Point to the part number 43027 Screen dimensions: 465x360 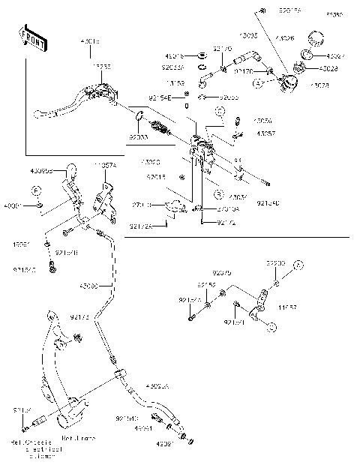337,55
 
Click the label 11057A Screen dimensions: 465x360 104,165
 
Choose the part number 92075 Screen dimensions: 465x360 221,273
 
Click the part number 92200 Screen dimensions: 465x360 276,265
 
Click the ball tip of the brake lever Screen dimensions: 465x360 37,114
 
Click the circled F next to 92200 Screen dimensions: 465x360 297,265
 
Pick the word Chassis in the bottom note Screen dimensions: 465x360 38,443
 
